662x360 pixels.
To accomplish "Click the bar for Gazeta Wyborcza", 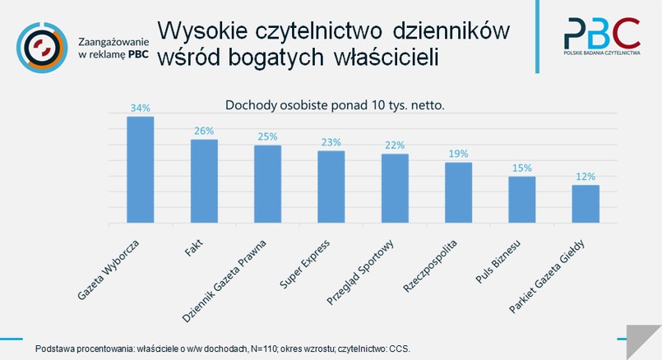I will pyautogui.click(x=140, y=169).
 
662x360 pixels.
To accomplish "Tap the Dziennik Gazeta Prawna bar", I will pyautogui.click(x=267, y=184).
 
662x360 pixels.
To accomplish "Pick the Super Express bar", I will pyautogui.click(x=331, y=187).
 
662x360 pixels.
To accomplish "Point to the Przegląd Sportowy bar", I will pyautogui.click(x=395, y=188).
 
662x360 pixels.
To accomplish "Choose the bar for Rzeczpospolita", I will pyautogui.click(x=458, y=192).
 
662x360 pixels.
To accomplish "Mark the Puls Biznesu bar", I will pyautogui.click(x=521, y=200).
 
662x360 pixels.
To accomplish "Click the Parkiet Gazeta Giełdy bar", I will pyautogui.click(x=586, y=204).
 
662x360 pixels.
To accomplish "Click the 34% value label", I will pyautogui.click(x=140, y=108).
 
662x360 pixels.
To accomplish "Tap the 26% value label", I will pyautogui.click(x=204, y=131).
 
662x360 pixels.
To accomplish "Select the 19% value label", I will pyautogui.click(x=458, y=154).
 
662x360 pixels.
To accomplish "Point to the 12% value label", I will pyautogui.click(x=586, y=176).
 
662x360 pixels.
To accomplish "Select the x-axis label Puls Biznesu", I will pyautogui.click(x=504, y=263).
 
